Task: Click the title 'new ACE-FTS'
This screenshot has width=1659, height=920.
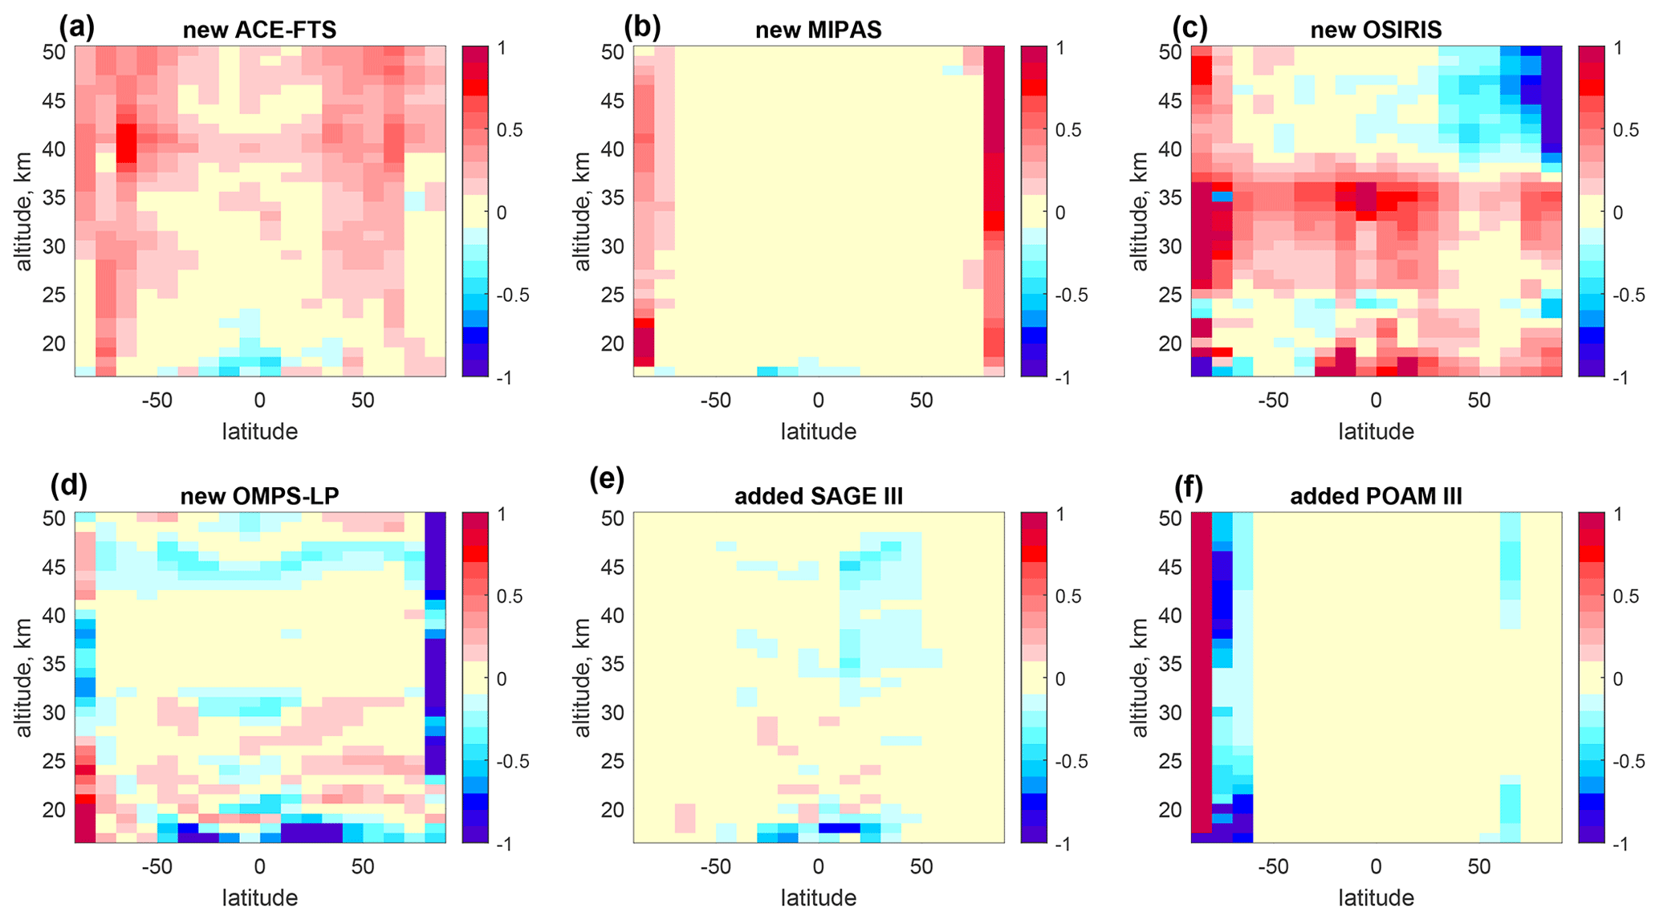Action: [259, 31]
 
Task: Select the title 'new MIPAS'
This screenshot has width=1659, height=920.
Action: [818, 31]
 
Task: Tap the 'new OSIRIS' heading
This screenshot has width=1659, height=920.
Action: [1376, 31]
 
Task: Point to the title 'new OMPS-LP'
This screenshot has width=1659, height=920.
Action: [259, 496]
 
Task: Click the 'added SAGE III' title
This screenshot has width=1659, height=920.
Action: [818, 496]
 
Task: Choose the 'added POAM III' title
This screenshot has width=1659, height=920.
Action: [1376, 496]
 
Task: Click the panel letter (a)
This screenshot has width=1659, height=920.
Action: [77, 27]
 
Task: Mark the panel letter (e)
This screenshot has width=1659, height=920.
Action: [607, 479]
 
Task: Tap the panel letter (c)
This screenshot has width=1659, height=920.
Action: [1190, 27]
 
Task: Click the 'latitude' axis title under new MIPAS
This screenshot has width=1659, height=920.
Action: [818, 432]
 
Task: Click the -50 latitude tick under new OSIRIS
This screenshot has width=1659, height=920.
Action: [1272, 400]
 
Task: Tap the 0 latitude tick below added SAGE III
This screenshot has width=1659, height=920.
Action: [818, 866]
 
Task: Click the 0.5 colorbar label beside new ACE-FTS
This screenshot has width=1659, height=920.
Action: [506, 130]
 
